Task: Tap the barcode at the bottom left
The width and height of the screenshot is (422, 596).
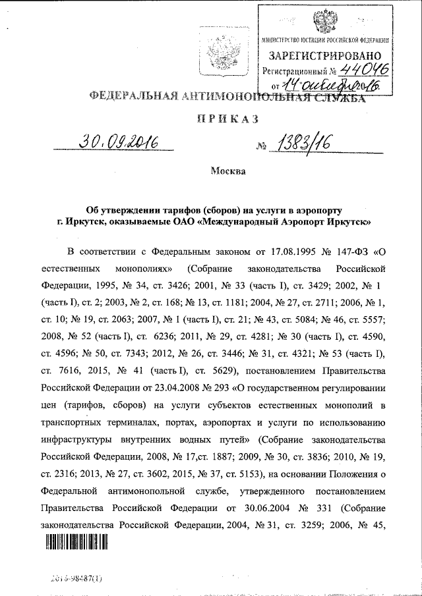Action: click(x=75, y=541)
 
